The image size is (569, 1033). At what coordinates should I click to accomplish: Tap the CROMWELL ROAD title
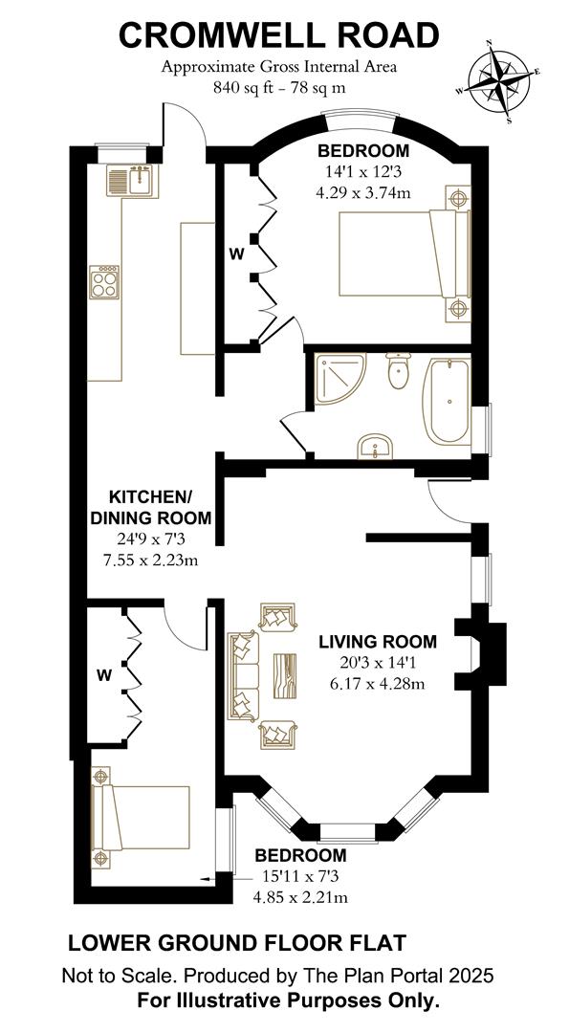click(x=279, y=35)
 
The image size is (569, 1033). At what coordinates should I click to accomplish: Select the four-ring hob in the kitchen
click(x=105, y=282)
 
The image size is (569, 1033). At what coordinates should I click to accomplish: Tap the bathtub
click(x=447, y=402)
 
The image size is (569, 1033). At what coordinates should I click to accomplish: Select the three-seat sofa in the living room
click(x=243, y=676)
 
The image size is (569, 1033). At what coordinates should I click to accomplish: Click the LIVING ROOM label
click(x=377, y=642)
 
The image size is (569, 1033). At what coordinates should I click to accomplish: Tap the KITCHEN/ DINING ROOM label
click(x=150, y=507)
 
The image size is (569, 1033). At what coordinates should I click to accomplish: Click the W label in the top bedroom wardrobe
click(x=234, y=255)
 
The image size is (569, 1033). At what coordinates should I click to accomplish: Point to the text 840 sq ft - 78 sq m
click(x=279, y=86)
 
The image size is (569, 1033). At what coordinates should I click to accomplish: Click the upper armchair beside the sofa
click(x=277, y=618)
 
